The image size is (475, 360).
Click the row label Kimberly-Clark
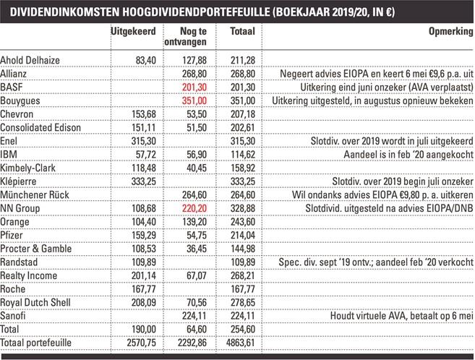pyautogui.click(x=30, y=168)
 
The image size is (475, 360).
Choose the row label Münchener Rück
pyautogui.click(x=34, y=194)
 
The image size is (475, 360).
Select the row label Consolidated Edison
pyautogui.click(x=40, y=128)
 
